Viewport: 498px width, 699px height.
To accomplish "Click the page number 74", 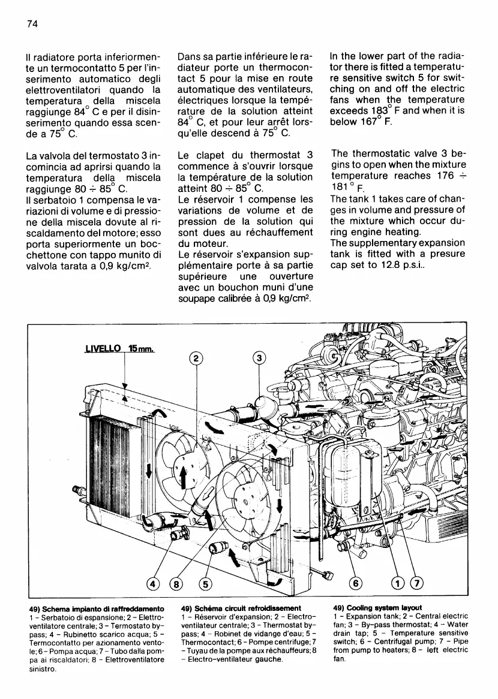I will pos(32,23).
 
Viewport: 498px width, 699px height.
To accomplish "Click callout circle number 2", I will pos(196,360).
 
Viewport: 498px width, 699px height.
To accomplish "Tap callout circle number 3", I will pos(259,358).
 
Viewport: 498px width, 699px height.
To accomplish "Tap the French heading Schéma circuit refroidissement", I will pos(239,607).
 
